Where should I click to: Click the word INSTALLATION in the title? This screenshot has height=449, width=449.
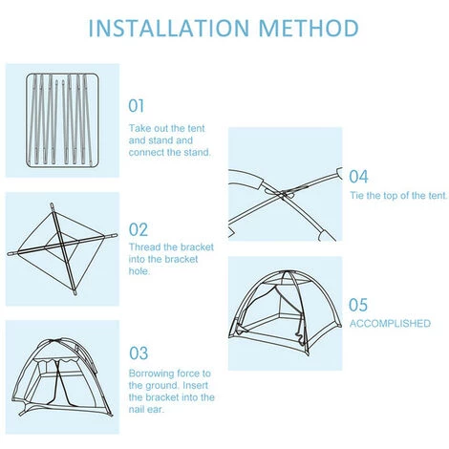coord(169,28)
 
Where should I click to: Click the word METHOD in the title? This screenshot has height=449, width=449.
coord(309,28)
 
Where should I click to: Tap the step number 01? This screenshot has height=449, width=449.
coord(137,106)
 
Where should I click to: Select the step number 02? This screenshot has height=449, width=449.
coord(139,229)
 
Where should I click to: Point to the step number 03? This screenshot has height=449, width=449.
coord(139,353)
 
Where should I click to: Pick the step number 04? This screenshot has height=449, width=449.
coord(358,177)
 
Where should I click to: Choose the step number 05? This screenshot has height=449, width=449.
coord(358,305)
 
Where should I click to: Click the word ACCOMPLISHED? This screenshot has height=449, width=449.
coord(390,324)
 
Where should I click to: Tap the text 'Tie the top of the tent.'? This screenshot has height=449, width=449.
coord(398,195)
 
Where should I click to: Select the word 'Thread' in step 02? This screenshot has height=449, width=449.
coord(145,247)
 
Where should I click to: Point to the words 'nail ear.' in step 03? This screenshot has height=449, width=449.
coord(146,409)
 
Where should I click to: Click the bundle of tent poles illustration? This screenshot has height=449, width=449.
coord(62,120)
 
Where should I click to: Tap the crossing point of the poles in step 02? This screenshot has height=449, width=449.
coord(62,245)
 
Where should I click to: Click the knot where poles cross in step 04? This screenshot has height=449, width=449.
coord(282,194)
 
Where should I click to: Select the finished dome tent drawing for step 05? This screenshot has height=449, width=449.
coord(285,313)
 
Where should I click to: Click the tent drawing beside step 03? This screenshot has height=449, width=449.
coord(62,376)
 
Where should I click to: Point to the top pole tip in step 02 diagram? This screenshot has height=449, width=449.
coord(52,203)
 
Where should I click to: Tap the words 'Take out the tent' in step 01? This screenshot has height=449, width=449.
coord(166,128)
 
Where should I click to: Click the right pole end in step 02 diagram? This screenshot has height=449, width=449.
coord(116,235)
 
